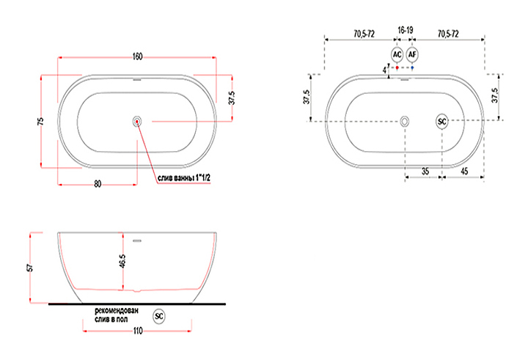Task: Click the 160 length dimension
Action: [x=137, y=56]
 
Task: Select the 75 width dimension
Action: [x=40, y=121]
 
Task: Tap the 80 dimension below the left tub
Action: [x=98, y=184]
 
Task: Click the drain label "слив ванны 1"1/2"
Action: [x=184, y=178]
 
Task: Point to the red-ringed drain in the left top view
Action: [x=136, y=121]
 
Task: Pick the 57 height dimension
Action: [x=30, y=268]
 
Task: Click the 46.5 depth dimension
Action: [x=122, y=261]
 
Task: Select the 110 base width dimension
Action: [x=138, y=331]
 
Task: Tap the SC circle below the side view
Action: [x=159, y=316]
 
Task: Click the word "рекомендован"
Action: [x=117, y=310]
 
